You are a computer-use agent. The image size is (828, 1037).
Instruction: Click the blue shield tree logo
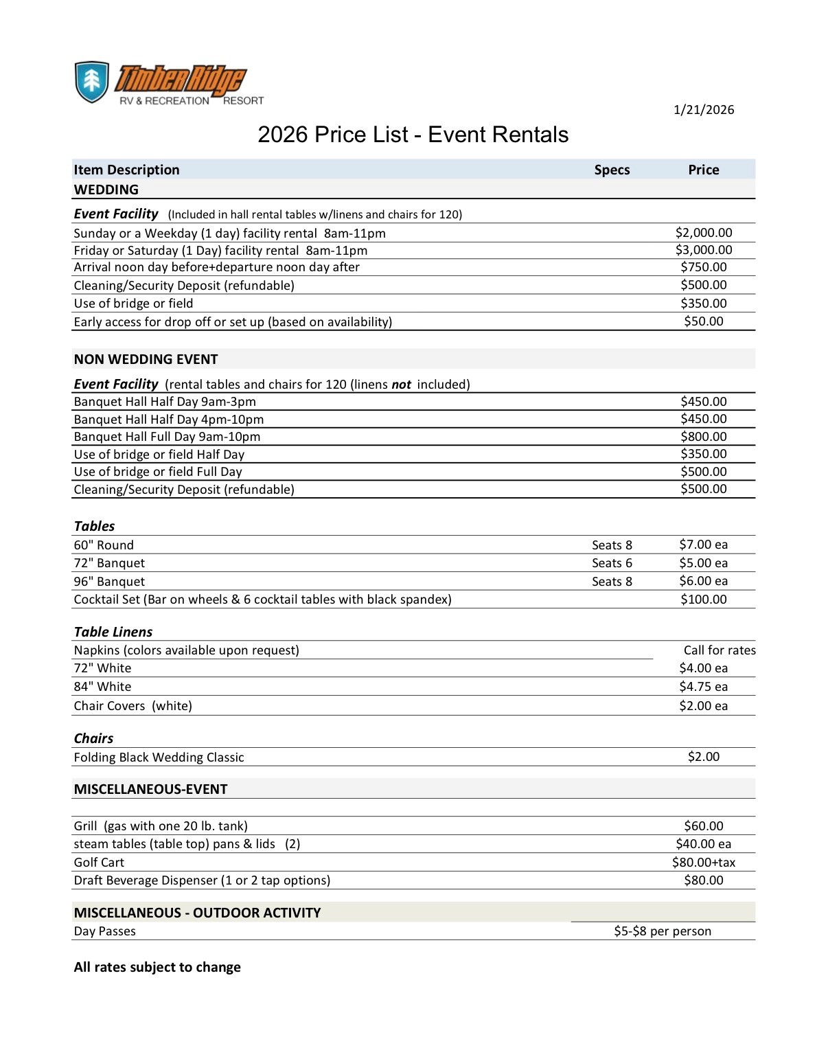(91, 82)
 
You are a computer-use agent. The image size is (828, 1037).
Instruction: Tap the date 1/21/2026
(704, 110)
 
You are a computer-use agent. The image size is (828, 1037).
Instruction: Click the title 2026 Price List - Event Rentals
(413, 135)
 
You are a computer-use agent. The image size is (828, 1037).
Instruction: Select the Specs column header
(612, 170)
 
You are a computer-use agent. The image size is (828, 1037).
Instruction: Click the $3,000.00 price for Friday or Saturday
(704, 250)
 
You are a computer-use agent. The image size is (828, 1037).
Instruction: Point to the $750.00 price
(704, 267)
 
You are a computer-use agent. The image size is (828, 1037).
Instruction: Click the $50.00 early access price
(704, 321)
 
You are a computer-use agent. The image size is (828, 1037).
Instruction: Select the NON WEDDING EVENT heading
(146, 359)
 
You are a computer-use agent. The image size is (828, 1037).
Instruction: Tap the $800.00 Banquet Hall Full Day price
(704, 437)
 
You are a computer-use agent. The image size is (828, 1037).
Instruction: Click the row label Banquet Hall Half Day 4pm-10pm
(169, 420)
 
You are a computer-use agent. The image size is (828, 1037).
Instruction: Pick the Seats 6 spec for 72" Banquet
(612, 563)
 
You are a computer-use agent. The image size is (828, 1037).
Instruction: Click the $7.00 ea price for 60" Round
(703, 545)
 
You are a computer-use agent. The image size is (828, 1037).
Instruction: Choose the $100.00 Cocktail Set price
(704, 600)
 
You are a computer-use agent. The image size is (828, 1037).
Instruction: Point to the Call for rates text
(720, 650)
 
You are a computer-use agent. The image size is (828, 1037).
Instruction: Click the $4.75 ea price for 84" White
(703, 687)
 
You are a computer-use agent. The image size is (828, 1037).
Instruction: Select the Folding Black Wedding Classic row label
(159, 757)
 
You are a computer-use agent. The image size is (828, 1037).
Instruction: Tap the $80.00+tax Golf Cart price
(704, 863)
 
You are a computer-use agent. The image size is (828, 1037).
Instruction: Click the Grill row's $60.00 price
(704, 826)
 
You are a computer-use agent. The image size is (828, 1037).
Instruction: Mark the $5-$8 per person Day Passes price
(663, 931)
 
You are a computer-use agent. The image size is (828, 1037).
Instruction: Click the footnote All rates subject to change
(157, 967)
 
